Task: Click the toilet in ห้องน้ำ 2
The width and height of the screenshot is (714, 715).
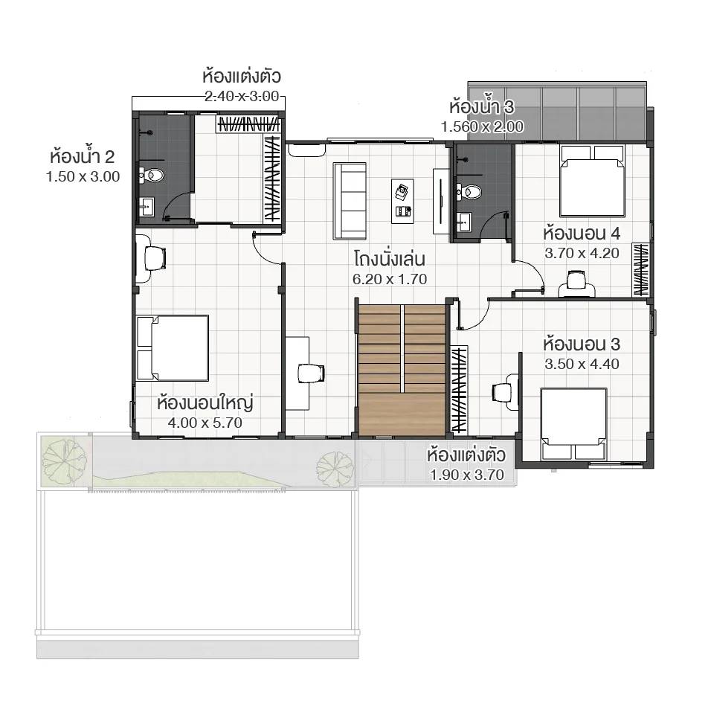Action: tap(154, 176)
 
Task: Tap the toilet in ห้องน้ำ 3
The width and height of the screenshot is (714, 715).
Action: tap(469, 191)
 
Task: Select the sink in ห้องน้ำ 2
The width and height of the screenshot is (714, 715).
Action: tap(145, 206)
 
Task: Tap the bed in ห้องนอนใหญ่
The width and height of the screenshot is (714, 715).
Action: tap(172, 347)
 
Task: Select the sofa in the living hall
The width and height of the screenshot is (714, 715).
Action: tap(350, 200)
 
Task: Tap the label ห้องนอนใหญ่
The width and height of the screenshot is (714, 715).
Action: tap(205, 403)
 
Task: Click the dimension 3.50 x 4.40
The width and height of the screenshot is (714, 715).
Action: tap(582, 365)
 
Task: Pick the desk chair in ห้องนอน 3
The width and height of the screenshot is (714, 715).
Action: tap(505, 391)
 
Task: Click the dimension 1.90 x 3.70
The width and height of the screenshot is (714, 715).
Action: tap(467, 474)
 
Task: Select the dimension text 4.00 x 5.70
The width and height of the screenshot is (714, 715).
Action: tap(205, 423)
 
